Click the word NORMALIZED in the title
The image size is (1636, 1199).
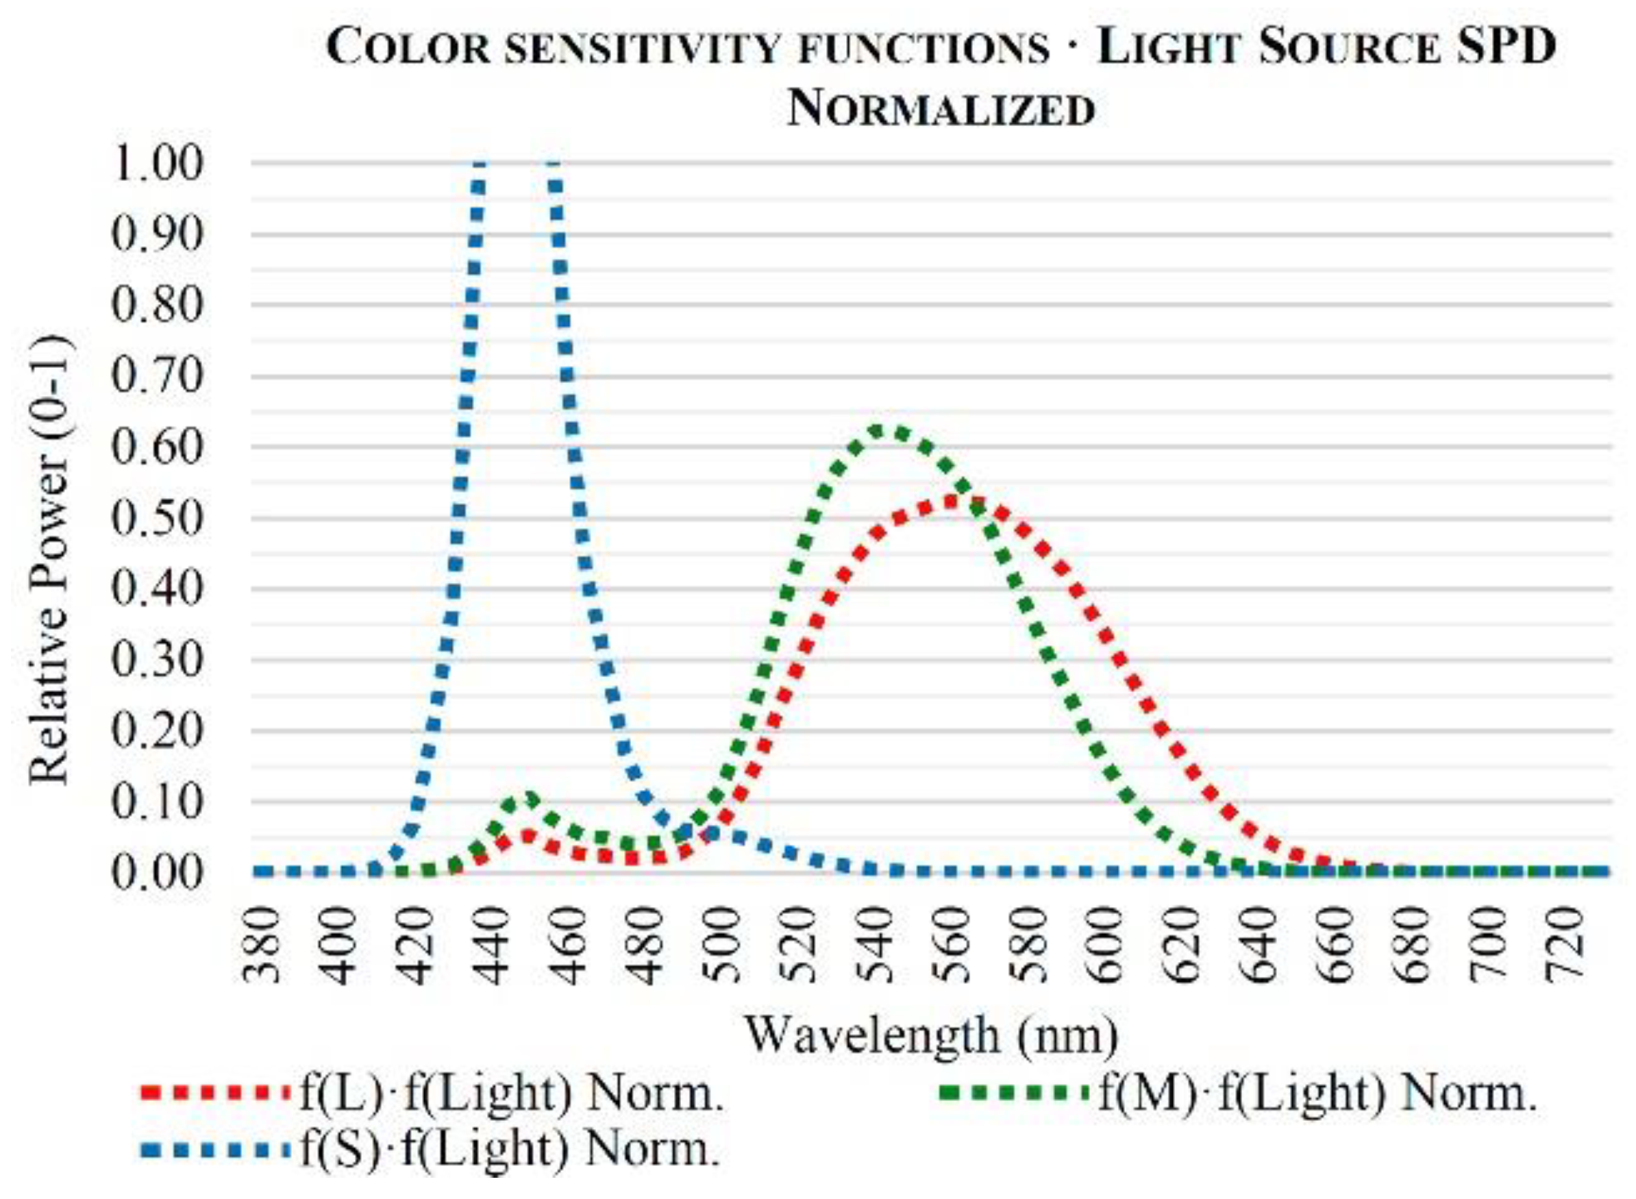(x=941, y=111)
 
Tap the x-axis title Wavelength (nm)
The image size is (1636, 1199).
(x=932, y=1036)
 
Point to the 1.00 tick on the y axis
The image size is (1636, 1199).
(x=157, y=163)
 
